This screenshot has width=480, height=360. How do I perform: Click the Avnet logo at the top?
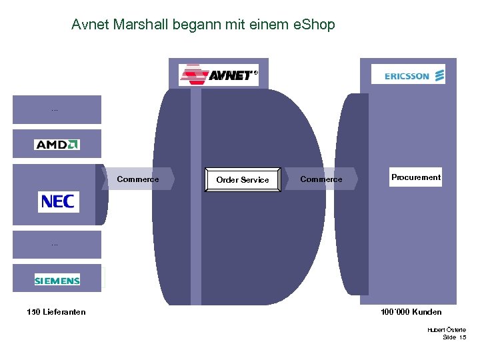(218, 75)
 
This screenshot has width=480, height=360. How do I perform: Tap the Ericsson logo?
(408, 75)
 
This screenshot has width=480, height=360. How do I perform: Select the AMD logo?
(57, 144)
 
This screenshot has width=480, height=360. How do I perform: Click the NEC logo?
(58, 201)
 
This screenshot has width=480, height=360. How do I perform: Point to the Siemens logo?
(57, 280)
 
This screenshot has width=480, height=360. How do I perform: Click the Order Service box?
(243, 179)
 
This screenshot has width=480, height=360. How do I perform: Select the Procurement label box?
(416, 177)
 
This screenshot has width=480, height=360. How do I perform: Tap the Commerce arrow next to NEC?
(138, 179)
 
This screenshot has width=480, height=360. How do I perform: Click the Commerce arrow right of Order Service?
(321, 179)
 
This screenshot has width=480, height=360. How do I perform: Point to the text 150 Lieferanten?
(56, 312)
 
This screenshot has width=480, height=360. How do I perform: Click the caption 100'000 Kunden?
(411, 312)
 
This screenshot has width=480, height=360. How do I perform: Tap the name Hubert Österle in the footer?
(447, 329)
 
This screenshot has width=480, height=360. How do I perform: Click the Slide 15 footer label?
(454, 337)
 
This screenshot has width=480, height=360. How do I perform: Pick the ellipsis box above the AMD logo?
(56, 109)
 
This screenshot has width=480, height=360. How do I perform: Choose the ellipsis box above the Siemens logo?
(56, 245)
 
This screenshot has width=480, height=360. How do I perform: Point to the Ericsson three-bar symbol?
(439, 75)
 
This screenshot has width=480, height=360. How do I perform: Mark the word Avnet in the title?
(91, 25)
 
